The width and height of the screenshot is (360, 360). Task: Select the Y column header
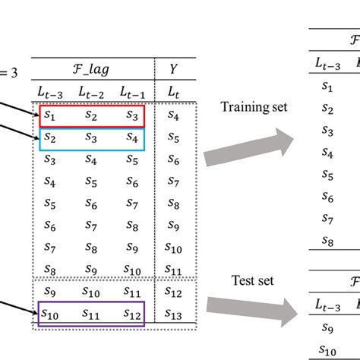(175, 69)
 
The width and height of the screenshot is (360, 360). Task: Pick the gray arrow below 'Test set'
(258, 311)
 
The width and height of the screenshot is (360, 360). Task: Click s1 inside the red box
(49, 115)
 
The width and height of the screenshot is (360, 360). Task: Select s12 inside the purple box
(132, 312)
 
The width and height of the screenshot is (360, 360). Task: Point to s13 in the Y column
(175, 312)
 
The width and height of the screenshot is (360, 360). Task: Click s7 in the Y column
(175, 182)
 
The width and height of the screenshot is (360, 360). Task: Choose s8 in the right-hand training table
(327, 242)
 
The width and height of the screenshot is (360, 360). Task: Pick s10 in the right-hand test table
(327, 350)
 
